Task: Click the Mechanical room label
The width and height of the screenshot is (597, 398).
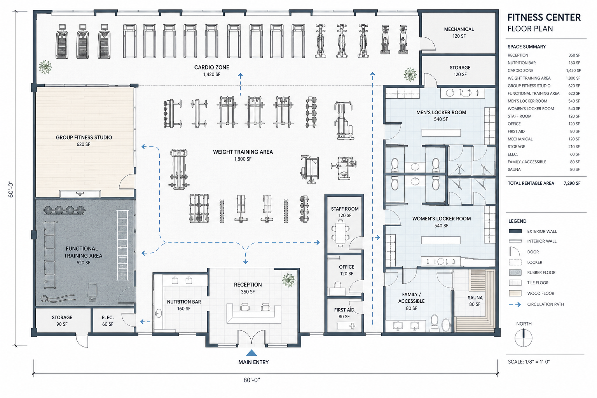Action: click(x=459, y=29)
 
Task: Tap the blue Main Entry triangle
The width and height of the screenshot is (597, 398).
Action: click(x=251, y=353)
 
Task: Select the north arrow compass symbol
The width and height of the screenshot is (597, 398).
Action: click(x=524, y=338)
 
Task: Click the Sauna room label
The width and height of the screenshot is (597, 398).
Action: click(x=475, y=297)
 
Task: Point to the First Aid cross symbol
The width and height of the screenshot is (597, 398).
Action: click(x=352, y=326)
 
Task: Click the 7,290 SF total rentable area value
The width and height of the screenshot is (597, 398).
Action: click(x=572, y=183)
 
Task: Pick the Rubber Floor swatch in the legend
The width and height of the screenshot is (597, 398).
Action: click(x=515, y=272)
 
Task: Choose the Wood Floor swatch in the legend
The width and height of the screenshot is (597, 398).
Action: click(x=515, y=293)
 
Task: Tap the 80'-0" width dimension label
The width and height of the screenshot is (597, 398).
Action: click(x=251, y=380)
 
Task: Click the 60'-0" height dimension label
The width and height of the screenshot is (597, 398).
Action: click(x=11, y=190)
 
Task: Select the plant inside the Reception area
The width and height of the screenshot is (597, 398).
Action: click(x=289, y=280)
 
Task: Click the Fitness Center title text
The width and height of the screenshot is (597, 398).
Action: click(x=544, y=17)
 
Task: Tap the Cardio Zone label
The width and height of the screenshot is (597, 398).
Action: click(x=211, y=68)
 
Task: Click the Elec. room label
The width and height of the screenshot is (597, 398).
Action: click(x=108, y=318)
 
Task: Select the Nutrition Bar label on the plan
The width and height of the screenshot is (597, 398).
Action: click(x=184, y=302)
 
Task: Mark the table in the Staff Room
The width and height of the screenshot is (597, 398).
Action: click(x=340, y=233)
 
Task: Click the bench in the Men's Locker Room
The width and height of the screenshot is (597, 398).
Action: click(x=441, y=133)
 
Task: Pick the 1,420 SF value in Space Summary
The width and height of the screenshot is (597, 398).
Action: click(x=573, y=71)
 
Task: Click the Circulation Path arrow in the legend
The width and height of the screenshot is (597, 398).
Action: click(x=515, y=304)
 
